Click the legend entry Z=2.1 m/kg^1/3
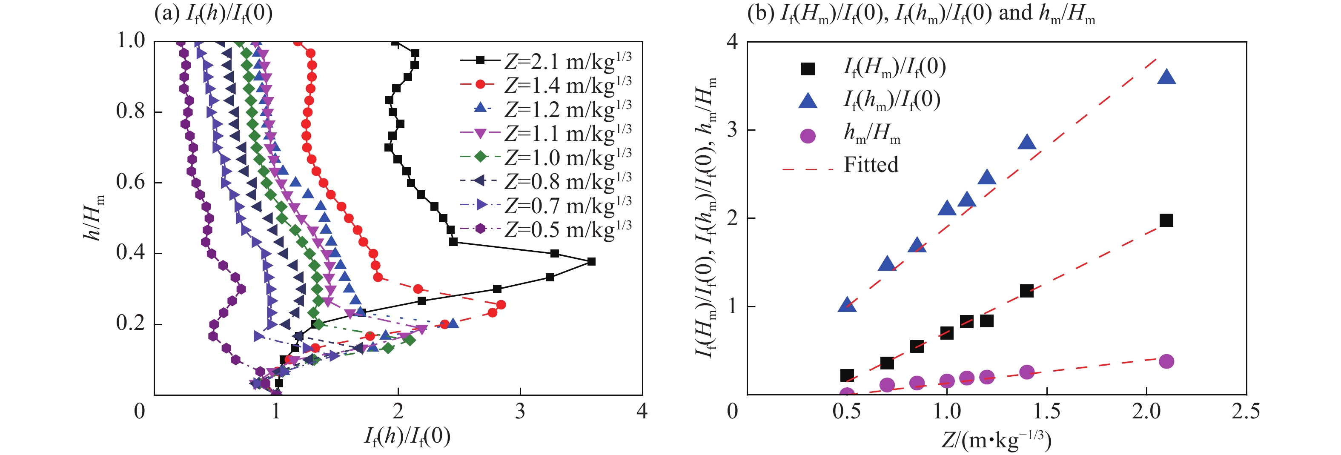(x=567, y=61)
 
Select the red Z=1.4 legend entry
(x=567, y=85)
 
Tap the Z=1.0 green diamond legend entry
(x=567, y=157)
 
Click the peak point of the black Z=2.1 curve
(x=591, y=261)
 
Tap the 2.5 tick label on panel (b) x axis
(x=1246, y=411)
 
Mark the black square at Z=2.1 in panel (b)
(x=1166, y=220)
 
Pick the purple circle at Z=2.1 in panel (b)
(x=1166, y=361)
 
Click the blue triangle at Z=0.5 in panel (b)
(x=847, y=305)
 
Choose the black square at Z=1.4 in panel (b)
(x=1026, y=291)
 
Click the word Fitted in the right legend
(x=871, y=165)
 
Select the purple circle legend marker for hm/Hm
(x=808, y=136)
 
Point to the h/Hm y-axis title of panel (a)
(x=94, y=217)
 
